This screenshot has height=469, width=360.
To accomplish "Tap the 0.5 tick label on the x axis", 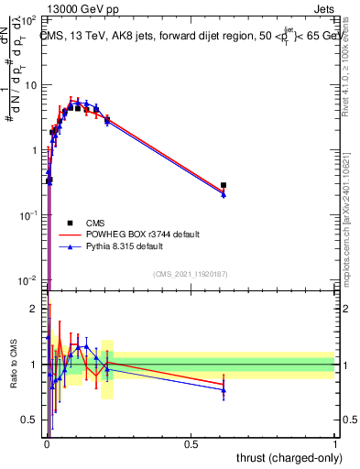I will coord(191,443).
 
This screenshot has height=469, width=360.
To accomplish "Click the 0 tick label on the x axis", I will coord(47,443).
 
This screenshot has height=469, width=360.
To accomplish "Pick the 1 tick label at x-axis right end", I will coord(335,443).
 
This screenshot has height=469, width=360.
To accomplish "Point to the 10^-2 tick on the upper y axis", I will coord(28,279).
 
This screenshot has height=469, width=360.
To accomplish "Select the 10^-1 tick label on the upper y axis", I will coord(28,214).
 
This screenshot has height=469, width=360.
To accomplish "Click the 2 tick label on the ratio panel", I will coord(35,309).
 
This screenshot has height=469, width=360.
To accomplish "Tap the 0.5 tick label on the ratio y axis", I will coord(31,420).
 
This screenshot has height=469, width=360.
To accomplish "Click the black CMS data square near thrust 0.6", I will coord(224,185).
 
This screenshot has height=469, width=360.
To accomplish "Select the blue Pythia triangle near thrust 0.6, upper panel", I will coord(224,194).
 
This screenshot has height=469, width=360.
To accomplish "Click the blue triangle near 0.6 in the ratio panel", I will coord(224,390).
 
